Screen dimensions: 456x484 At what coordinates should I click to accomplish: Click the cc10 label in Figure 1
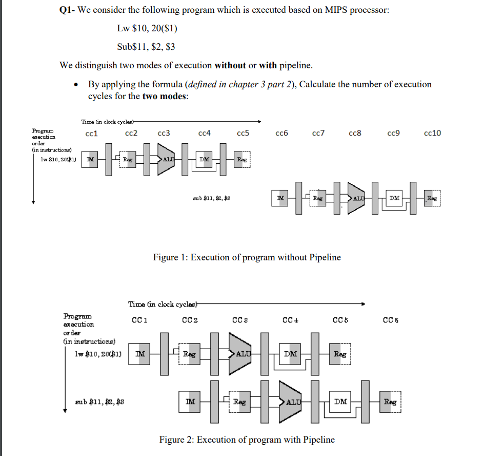tap(433, 134)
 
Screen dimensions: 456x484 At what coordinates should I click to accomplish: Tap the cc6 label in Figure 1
tap(281, 134)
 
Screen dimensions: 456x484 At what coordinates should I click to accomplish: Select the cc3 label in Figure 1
tap(164, 134)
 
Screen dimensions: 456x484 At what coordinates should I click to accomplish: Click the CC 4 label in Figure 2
tap(289, 321)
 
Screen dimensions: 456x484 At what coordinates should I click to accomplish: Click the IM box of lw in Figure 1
tap(90, 160)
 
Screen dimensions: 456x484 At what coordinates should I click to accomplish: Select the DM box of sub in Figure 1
tap(394, 198)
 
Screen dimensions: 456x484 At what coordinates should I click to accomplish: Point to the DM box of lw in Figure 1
tap(205, 160)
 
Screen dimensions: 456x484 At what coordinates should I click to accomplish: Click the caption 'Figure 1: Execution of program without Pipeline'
tap(247, 257)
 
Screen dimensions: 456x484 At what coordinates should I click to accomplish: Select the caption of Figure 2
tap(247, 440)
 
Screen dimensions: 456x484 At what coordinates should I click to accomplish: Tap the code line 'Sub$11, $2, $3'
tap(146, 47)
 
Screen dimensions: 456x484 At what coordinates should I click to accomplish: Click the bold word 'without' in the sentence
tap(230, 65)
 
